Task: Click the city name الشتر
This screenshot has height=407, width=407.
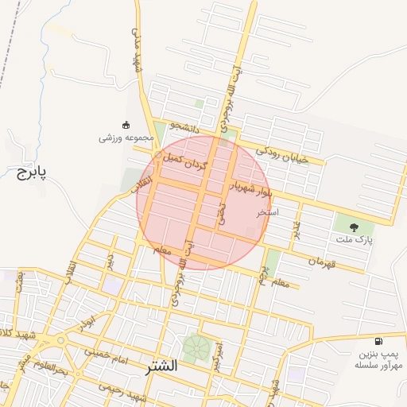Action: click(161, 368)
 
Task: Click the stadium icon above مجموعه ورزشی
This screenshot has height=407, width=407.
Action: click(125, 124)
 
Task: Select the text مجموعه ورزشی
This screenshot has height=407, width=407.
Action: click(120, 138)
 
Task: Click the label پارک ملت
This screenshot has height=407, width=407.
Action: click(359, 239)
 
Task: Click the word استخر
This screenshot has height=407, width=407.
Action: click(268, 214)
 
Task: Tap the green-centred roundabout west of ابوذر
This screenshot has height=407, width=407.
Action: click(60, 341)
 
